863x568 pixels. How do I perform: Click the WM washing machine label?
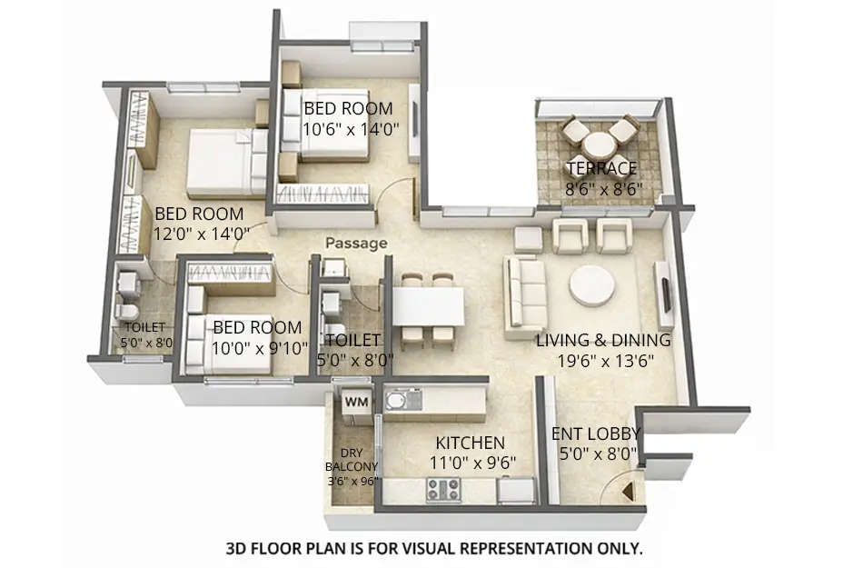coord(355,400)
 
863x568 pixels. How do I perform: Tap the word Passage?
coord(356,244)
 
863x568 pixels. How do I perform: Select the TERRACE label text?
coord(601,168)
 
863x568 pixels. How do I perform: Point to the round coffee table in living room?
coord(591,285)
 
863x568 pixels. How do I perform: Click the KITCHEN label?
coord(470,443)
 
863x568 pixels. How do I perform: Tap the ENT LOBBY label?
coord(596,433)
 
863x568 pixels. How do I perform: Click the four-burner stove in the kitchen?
coord(442,490)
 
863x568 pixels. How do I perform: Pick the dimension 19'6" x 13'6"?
coord(602,360)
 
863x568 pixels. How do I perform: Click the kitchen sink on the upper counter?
coord(399,401)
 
